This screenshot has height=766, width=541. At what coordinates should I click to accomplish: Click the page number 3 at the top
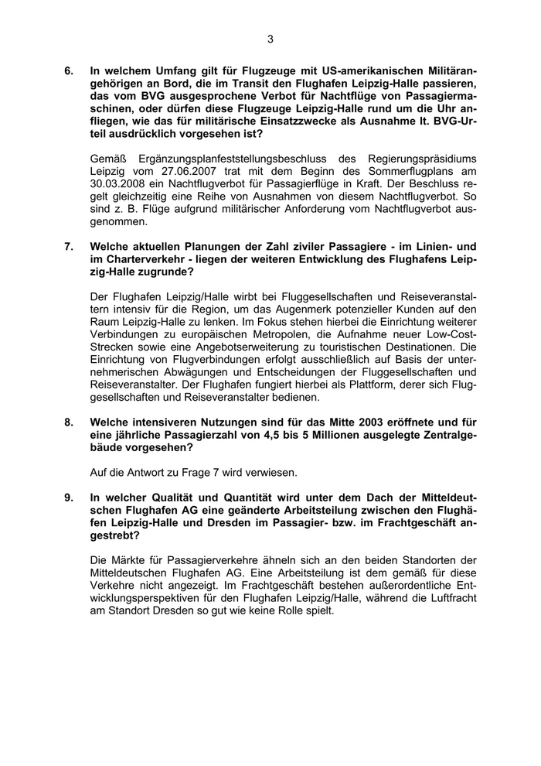(x=270, y=39)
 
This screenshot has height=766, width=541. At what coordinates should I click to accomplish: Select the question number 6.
(x=69, y=71)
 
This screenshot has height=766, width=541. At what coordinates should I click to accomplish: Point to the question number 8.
(x=69, y=422)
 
